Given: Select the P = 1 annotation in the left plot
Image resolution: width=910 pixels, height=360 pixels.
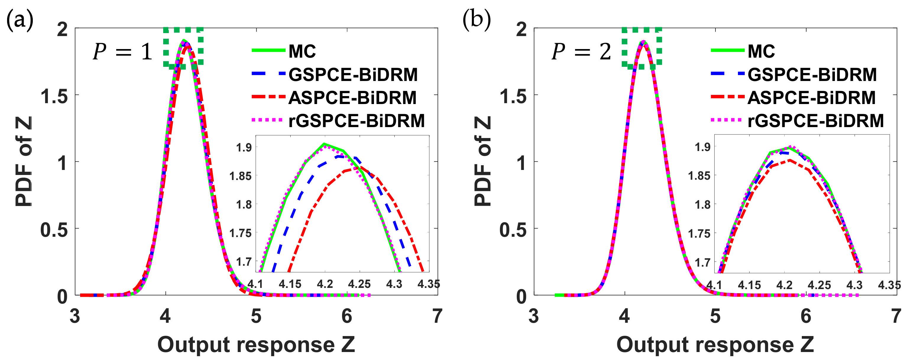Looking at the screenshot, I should [122, 52].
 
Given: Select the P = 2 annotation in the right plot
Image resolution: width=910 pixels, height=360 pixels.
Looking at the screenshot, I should [581, 52].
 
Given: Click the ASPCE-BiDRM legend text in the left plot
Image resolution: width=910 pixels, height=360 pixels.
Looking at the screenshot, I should [352, 98].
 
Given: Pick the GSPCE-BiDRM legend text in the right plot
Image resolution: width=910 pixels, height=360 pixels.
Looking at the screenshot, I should [812, 74].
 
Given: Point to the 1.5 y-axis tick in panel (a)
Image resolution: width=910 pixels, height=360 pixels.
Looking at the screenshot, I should [54, 96].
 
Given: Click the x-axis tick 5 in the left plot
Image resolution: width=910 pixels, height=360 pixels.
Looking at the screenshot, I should [256, 315].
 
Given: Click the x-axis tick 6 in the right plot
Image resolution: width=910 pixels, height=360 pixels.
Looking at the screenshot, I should [806, 315].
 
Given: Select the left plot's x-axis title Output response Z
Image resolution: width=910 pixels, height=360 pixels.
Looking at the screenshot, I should [256, 344].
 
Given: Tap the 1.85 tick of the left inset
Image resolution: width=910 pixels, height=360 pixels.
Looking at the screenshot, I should [241, 176].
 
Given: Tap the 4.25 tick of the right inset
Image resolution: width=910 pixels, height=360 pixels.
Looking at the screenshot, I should [819, 285].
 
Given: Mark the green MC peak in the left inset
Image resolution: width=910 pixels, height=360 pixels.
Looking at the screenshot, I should [324, 144].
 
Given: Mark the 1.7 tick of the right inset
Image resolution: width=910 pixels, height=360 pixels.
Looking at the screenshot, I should [702, 262].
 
